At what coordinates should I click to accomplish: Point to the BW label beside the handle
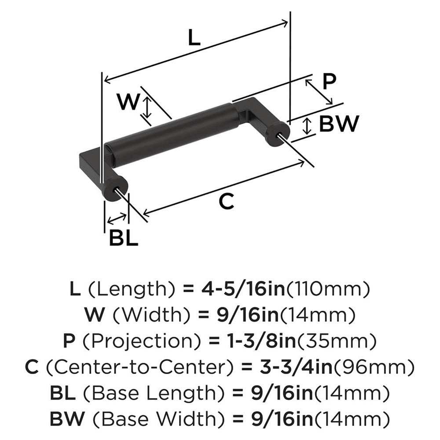coord(338,124)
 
